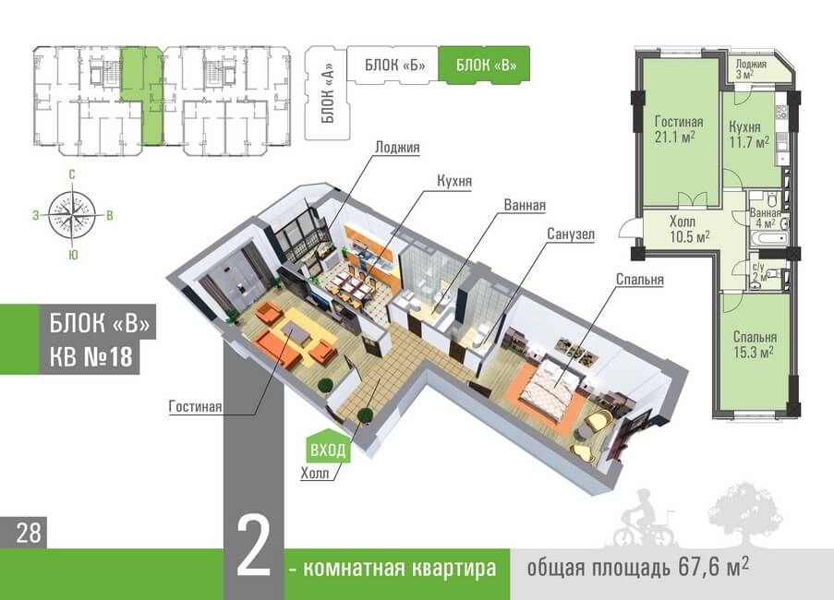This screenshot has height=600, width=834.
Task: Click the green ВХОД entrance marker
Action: pos(328,450)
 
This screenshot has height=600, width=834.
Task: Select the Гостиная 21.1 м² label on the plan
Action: pos(679,129)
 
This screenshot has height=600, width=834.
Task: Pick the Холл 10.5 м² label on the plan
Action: pos(688,229)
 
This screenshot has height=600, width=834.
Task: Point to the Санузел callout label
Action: pos(570,234)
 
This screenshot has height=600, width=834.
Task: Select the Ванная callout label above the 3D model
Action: pos(525,206)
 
